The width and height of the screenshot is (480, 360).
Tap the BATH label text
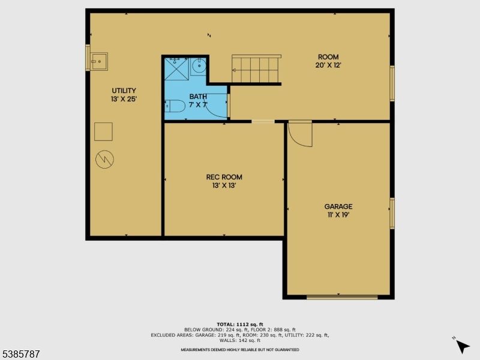[x=198, y=97]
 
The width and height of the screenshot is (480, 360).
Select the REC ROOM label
[x=224, y=177]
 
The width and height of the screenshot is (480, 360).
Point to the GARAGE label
[x=339, y=206]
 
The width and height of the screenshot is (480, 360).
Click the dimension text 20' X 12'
[x=328, y=65]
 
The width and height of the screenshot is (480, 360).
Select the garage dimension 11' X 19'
[x=339, y=215]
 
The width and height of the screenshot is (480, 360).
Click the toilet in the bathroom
[x=175, y=107]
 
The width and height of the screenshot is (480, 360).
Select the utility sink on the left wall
[x=98, y=61]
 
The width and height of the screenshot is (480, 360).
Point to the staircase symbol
[x=256, y=68]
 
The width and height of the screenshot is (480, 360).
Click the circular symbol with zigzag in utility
[x=104, y=159]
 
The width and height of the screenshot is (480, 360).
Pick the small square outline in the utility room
[x=104, y=131]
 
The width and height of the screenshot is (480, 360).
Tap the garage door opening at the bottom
[x=342, y=296]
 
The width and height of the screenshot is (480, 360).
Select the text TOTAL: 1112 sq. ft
[x=239, y=324]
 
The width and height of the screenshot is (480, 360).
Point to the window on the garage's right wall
[x=392, y=213]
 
